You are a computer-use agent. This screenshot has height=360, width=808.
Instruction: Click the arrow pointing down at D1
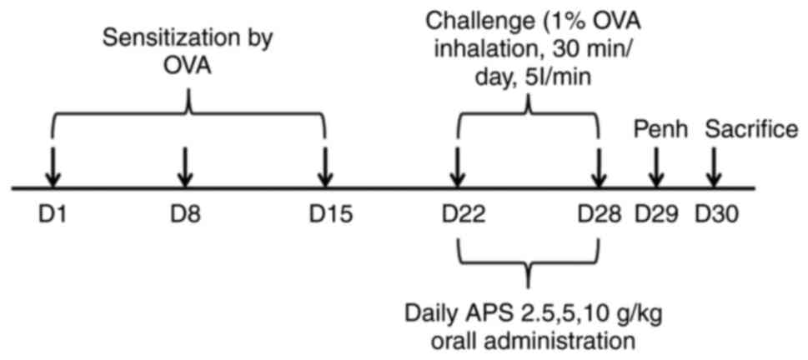pos(52,167)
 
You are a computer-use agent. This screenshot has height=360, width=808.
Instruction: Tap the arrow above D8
pos(184,167)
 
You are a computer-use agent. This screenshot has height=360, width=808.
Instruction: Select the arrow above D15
pos(325,167)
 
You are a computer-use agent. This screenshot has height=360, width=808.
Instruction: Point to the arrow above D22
pos(458,167)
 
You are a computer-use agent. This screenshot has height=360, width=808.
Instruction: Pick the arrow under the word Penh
pos(656,167)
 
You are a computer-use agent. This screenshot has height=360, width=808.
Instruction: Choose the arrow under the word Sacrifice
pos(713,167)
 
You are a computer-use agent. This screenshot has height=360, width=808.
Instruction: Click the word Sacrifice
pos(751,129)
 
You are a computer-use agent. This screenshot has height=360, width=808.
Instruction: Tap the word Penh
pos(656,129)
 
